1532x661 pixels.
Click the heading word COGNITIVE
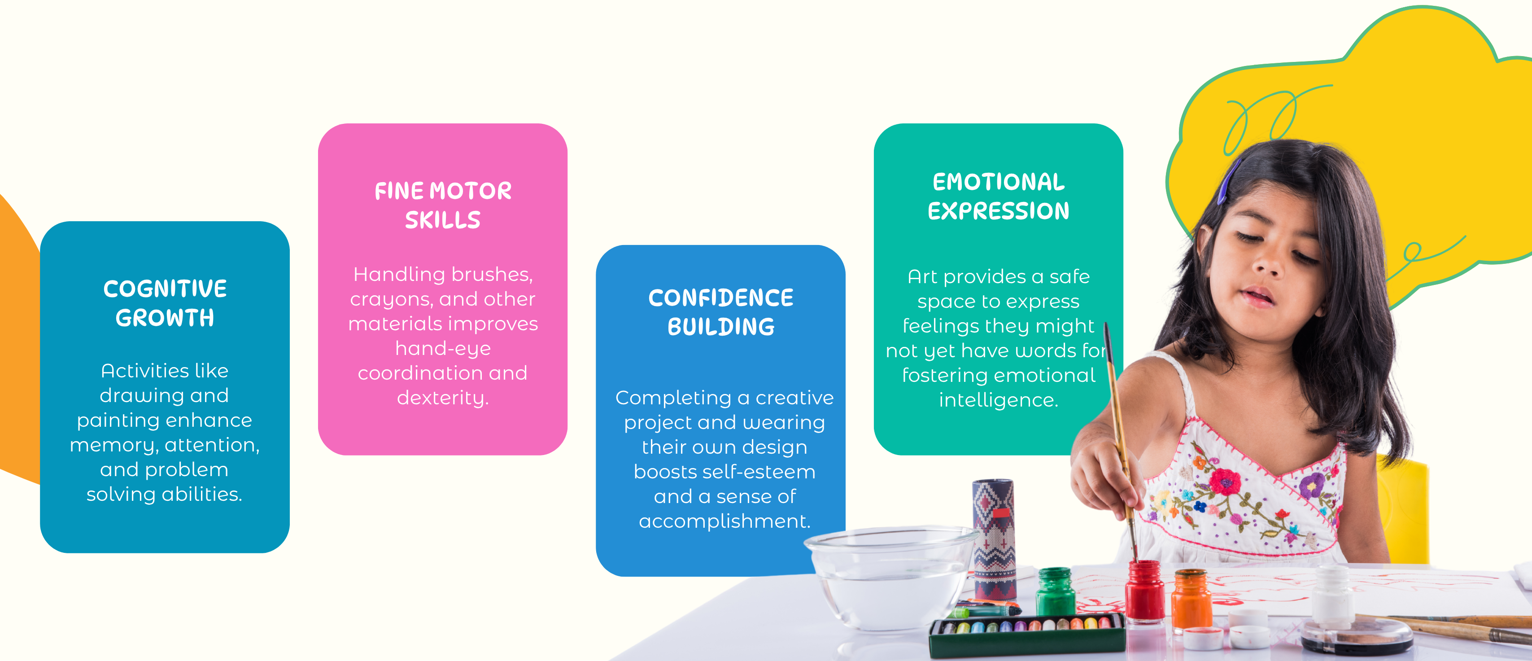click(165, 289)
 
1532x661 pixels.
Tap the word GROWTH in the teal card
click(165, 318)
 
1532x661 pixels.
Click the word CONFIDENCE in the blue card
click(721, 298)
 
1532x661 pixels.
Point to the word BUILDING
click(721, 327)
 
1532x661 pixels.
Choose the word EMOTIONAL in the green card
click(999, 182)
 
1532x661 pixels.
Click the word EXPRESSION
click(999, 211)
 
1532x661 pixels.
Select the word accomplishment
click(725, 521)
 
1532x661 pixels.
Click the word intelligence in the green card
click(999, 400)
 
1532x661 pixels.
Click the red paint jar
click(1145, 591)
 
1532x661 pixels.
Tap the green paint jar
click(1055, 592)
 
